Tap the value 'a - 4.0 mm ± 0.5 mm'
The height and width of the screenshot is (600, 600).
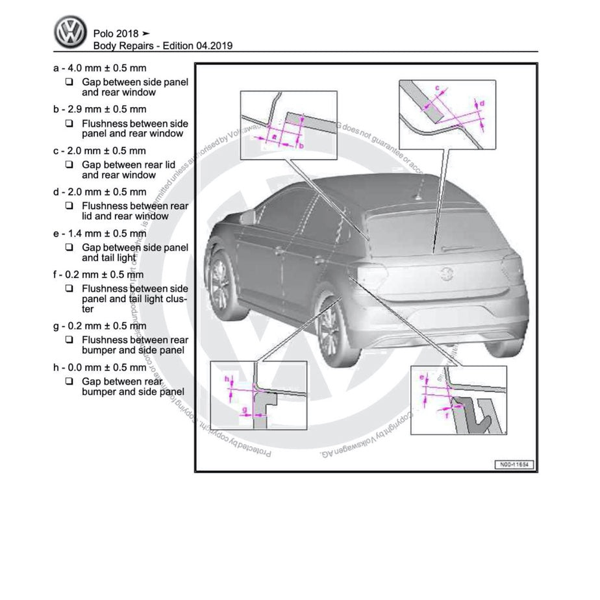[99, 68]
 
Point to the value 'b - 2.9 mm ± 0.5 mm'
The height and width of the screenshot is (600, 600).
[99, 110]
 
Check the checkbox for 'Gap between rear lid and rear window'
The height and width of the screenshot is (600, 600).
[69, 165]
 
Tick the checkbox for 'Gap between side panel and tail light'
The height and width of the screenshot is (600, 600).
[69, 247]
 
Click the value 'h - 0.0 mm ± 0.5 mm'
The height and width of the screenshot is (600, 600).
[99, 368]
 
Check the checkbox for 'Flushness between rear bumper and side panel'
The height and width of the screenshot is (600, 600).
[69, 340]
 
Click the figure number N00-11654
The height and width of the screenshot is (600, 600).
[513, 464]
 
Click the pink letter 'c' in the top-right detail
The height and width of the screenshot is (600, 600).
[436, 87]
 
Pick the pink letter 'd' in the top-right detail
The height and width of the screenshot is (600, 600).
[481, 103]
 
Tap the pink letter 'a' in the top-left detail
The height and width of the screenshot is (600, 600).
[273, 137]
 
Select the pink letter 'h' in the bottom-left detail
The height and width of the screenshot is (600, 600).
[227, 378]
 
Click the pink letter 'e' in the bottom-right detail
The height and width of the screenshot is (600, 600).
[422, 377]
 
